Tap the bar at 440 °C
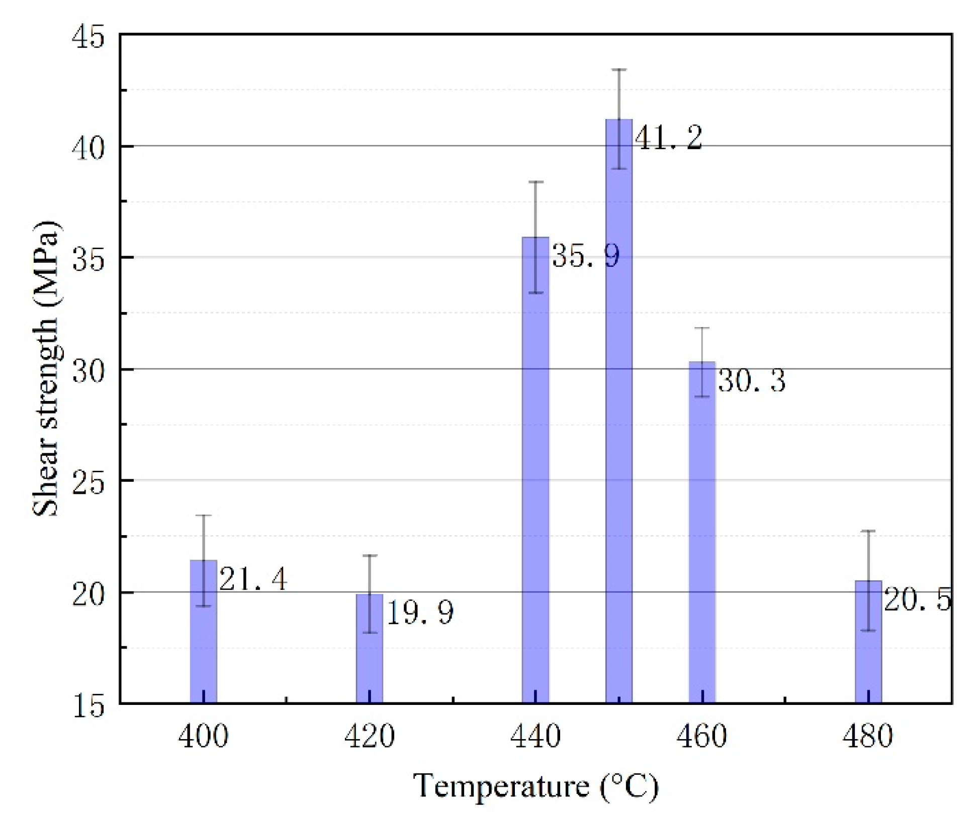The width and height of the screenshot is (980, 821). (x=536, y=477)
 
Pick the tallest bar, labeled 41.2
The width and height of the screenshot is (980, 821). (x=618, y=412)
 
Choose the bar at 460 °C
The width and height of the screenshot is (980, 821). (x=702, y=533)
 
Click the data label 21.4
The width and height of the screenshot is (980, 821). (x=253, y=579)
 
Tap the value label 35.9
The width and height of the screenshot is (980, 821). (x=586, y=256)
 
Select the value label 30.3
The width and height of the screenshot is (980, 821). (x=752, y=380)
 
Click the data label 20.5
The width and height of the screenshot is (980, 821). (x=918, y=600)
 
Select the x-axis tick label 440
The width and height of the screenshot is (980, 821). (x=536, y=737)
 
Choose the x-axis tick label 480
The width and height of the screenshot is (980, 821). (x=868, y=737)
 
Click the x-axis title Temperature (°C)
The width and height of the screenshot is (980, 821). (x=536, y=787)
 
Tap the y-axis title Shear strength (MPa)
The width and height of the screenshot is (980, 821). (x=46, y=369)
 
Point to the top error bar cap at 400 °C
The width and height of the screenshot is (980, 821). (x=203, y=516)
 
